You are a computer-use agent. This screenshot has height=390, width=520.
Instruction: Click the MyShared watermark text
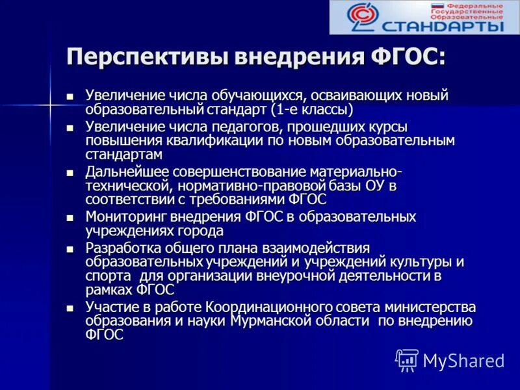[x=463, y=360]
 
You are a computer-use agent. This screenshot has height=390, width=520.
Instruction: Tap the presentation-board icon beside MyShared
[x=407, y=359]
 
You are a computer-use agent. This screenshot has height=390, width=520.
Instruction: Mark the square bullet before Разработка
[x=71, y=249]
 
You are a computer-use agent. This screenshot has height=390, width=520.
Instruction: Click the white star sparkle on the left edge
[x=50, y=104]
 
